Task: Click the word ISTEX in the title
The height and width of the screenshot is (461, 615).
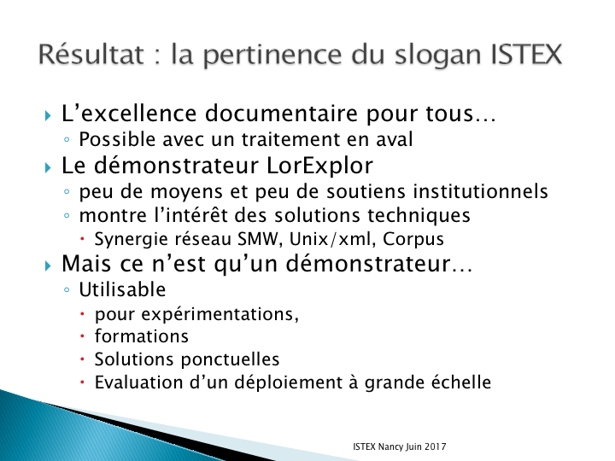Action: point(526,54)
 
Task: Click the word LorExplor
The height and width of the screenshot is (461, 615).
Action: point(319,166)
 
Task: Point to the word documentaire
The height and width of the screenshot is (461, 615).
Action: point(281,114)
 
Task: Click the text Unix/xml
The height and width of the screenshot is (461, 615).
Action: point(333,239)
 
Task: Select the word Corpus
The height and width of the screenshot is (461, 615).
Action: point(413,240)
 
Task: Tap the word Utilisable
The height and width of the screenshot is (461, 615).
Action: point(122,289)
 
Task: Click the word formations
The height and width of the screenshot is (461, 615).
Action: point(142,336)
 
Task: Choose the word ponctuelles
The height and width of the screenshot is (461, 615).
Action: point(231,360)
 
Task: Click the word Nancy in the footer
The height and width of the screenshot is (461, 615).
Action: point(390,446)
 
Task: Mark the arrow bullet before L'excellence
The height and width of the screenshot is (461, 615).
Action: point(48,115)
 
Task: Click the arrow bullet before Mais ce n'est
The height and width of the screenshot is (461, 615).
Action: point(48,266)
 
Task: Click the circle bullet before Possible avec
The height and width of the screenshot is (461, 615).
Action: point(67,140)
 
